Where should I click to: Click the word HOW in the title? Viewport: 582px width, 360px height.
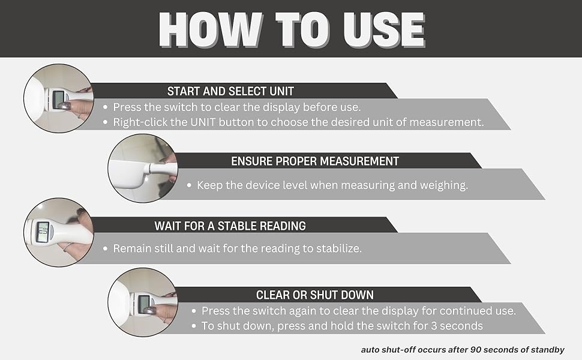(x=211, y=29)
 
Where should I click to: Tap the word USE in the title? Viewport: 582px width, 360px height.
(x=384, y=29)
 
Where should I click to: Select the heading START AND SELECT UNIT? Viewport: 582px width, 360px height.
(x=230, y=91)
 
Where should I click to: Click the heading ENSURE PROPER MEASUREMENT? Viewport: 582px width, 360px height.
(x=315, y=161)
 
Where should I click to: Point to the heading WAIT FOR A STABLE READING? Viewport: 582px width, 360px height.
(x=230, y=226)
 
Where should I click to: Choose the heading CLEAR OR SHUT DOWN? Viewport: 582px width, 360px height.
(x=315, y=295)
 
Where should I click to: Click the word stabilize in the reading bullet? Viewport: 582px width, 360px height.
(x=338, y=248)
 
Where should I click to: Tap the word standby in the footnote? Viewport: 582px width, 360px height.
(x=547, y=350)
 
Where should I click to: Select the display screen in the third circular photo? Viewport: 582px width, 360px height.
(x=43, y=232)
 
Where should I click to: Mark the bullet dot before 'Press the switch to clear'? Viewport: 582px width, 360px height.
(x=106, y=107)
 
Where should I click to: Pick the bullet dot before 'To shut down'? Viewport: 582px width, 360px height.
(x=194, y=326)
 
